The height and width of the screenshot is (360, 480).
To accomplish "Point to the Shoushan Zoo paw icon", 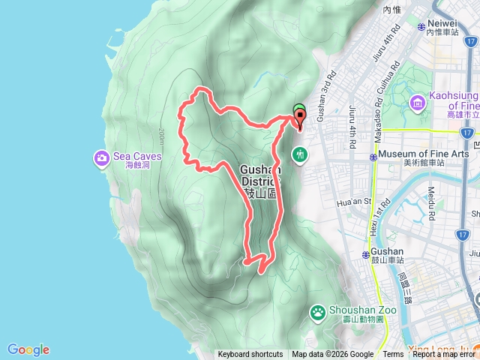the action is tap(318, 311).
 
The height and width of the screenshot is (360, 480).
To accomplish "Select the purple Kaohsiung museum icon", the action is tap(418, 102).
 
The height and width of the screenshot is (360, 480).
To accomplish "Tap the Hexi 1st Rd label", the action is tap(377, 217).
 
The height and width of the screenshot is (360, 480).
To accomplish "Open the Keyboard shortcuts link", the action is tap(250, 355).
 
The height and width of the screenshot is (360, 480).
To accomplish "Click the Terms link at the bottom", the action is tap(393, 355).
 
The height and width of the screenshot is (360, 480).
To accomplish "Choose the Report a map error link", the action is tap(444, 355).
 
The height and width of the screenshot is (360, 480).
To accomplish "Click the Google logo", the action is tap(28, 349).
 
